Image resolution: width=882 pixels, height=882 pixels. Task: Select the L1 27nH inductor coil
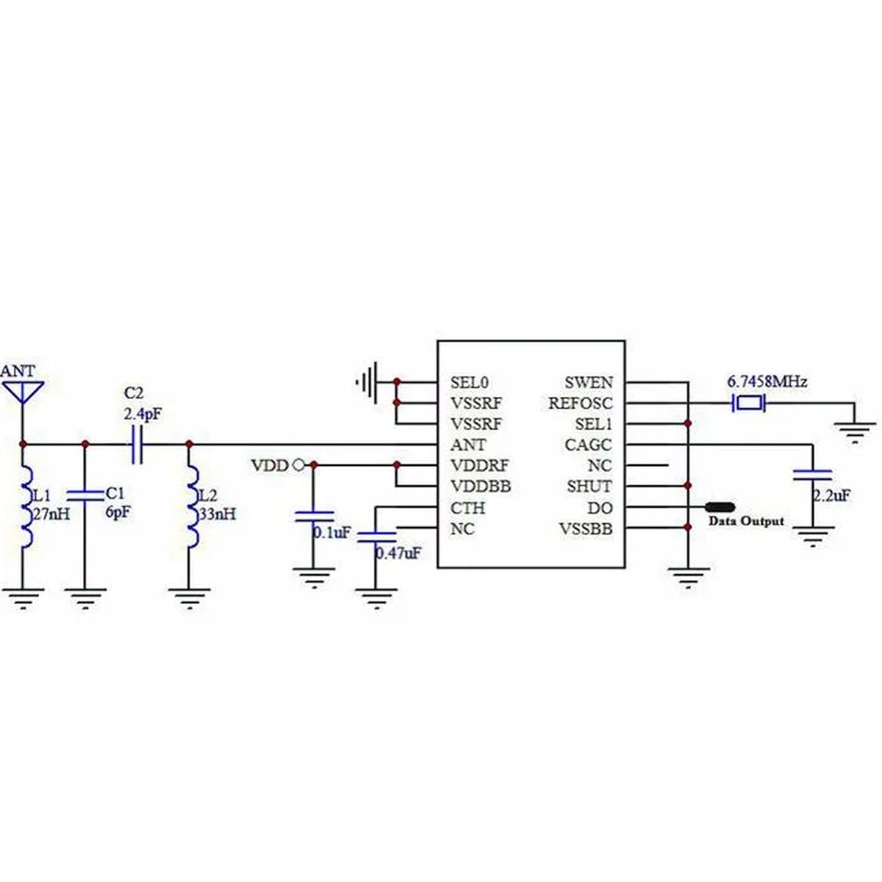26,506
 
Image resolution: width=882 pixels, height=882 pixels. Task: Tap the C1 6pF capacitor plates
85,496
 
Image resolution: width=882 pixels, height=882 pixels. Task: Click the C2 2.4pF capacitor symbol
137,444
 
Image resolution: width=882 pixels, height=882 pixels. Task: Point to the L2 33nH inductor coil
193,506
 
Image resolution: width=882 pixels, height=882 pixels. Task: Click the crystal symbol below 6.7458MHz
748,404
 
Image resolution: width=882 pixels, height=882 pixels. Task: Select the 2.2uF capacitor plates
812,475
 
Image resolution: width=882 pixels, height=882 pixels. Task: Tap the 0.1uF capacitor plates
314,516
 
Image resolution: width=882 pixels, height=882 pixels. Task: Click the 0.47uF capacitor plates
376,537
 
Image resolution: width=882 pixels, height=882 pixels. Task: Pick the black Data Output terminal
720,506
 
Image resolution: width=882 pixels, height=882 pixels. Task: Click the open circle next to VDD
298,465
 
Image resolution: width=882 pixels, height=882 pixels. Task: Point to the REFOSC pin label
580,404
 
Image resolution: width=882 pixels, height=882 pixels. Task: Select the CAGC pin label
588,445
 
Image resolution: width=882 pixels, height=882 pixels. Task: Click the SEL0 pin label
469,382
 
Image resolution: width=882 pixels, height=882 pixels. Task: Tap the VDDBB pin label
481,486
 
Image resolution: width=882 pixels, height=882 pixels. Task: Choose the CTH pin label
467,508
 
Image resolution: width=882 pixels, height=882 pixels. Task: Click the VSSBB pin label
585,528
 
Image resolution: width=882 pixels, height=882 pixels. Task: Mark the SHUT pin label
589,486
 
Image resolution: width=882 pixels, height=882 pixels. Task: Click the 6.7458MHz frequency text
767,381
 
